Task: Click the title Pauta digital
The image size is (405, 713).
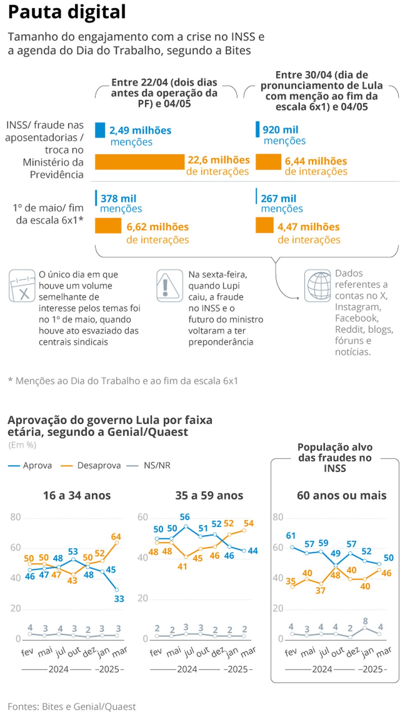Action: tap(67, 12)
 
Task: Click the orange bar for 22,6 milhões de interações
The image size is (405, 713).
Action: tap(140, 162)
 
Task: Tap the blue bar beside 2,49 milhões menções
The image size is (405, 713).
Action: tap(100, 130)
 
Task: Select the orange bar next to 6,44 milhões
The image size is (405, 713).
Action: tap(268, 162)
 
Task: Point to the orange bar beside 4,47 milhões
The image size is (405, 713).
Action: tap(264, 225)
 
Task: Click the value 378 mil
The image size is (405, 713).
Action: tap(119, 199)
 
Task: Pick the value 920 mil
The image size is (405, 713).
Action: tap(280, 130)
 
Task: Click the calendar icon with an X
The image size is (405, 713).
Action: tap(22, 286)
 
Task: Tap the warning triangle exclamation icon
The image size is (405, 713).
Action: tap(169, 286)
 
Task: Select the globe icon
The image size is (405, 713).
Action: tap(318, 286)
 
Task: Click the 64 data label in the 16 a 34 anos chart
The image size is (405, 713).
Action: tap(116, 537)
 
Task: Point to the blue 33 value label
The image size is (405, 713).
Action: tap(119, 599)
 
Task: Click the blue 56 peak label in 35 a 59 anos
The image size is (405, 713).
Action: tap(185, 517)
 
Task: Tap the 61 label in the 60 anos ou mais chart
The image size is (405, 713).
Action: tap(291, 535)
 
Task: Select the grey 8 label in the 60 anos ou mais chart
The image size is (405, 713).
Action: tap(365, 621)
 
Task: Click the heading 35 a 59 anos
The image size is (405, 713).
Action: tap(209, 495)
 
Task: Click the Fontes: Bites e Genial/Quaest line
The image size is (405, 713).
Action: tap(72, 706)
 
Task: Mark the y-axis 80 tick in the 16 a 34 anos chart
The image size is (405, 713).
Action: tap(16, 517)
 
